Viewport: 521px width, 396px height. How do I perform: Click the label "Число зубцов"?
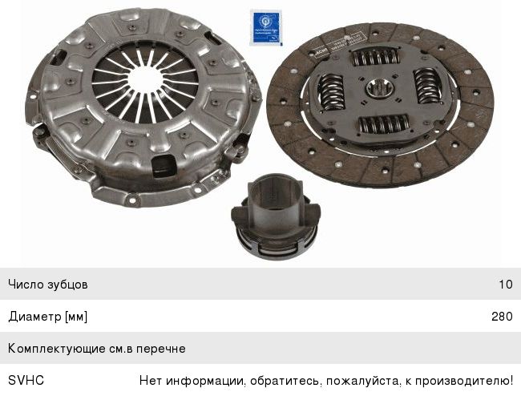48,285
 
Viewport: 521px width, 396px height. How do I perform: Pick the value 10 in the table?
505,285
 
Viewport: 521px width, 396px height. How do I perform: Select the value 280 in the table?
502,317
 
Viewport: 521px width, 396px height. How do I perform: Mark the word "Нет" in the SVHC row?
150,381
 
